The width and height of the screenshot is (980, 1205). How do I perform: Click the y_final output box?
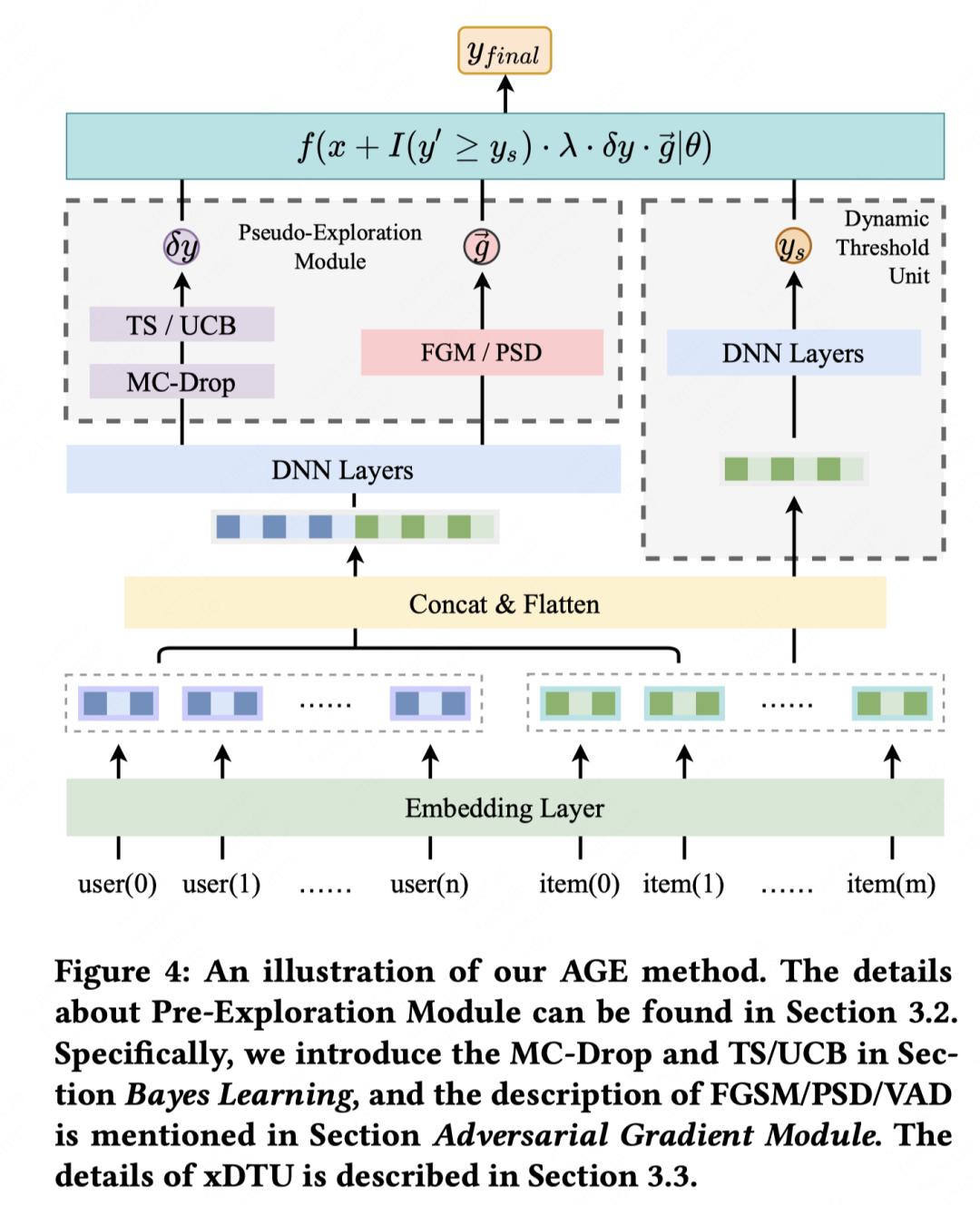(505, 52)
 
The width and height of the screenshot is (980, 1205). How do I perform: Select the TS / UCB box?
(181, 325)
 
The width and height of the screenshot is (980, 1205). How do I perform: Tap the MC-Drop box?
(181, 382)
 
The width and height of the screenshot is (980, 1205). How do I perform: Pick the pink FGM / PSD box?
(482, 352)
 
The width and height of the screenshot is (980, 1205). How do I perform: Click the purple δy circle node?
(181, 246)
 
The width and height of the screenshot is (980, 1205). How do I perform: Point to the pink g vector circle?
(482, 246)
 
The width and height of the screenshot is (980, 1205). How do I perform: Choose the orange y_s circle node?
(793, 246)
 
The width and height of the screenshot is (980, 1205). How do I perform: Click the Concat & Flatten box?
(505, 603)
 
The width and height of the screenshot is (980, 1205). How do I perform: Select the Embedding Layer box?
(505, 808)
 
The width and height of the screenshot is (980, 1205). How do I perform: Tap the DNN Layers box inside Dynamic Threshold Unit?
(793, 353)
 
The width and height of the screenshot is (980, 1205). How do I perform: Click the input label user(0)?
(117, 884)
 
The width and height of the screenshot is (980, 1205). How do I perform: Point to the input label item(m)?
(891, 884)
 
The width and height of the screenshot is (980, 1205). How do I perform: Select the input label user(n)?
(429, 884)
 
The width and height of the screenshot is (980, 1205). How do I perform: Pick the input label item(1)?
(683, 884)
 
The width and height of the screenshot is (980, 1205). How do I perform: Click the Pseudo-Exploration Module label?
(330, 247)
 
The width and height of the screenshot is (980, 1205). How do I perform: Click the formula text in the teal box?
(505, 146)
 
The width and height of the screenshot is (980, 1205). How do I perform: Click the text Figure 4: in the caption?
(122, 972)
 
